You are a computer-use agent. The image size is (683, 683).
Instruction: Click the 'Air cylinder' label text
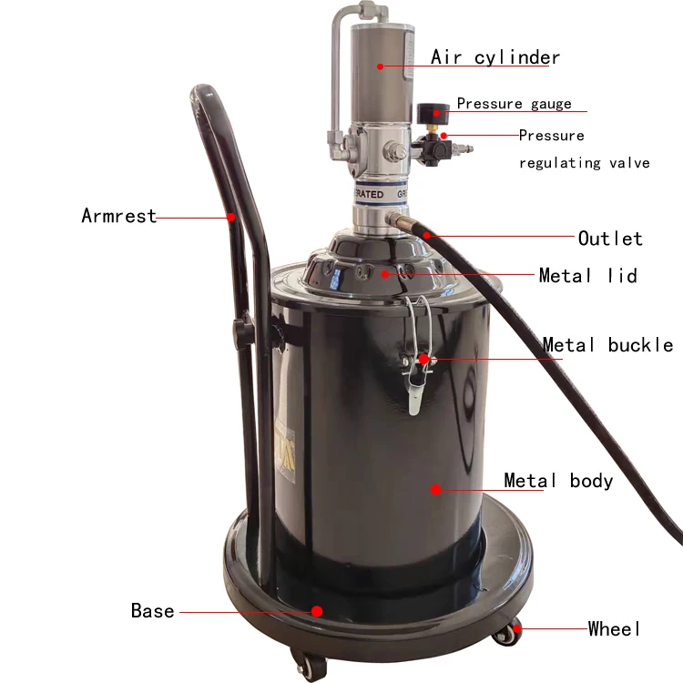tap(495, 57)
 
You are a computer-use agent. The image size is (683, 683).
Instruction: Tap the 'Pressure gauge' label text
tap(514, 104)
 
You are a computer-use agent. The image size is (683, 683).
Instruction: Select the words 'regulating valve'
tap(584, 163)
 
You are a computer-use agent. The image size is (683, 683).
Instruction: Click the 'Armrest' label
tap(119, 216)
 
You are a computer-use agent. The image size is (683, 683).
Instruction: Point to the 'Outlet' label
tap(610, 239)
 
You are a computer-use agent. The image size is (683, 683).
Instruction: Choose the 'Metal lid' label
tap(588, 275)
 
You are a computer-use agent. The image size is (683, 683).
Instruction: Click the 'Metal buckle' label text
tap(607, 345)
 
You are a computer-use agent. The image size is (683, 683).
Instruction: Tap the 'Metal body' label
tap(558, 481)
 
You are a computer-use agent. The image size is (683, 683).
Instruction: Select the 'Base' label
tap(152, 611)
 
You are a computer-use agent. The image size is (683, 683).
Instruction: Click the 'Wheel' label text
tap(614, 628)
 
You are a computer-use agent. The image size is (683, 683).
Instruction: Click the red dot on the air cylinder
tap(381, 66)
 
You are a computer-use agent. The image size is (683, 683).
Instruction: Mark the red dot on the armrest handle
tap(231, 217)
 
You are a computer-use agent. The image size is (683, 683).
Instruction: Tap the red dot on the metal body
tap(435, 490)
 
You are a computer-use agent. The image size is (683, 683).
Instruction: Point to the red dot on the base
tap(317, 611)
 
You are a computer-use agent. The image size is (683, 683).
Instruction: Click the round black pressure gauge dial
tap(433, 114)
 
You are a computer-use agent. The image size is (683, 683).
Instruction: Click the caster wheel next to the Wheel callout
tap(507, 634)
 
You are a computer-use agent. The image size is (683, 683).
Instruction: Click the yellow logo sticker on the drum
tap(286, 454)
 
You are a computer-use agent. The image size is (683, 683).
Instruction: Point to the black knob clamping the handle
tap(242, 331)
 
